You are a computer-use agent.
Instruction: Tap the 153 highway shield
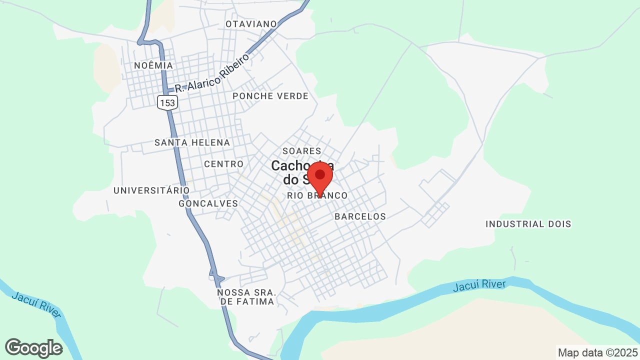click(x=167, y=102)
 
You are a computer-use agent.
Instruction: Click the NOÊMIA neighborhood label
click(x=153, y=65)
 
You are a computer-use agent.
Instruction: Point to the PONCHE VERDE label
click(x=270, y=96)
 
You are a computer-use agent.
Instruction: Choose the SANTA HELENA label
click(x=192, y=142)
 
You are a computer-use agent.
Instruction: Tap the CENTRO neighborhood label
click(x=223, y=164)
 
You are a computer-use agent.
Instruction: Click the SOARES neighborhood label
click(x=301, y=151)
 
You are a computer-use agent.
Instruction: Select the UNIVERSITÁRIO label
click(x=151, y=190)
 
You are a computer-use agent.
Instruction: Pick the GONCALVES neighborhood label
click(x=208, y=203)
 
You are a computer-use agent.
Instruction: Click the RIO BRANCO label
click(x=317, y=196)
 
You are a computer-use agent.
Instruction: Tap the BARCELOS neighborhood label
click(x=360, y=216)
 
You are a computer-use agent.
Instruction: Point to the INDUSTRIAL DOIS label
click(x=528, y=224)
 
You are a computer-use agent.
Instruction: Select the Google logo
click(x=33, y=348)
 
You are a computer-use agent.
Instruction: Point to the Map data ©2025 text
click(x=598, y=352)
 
